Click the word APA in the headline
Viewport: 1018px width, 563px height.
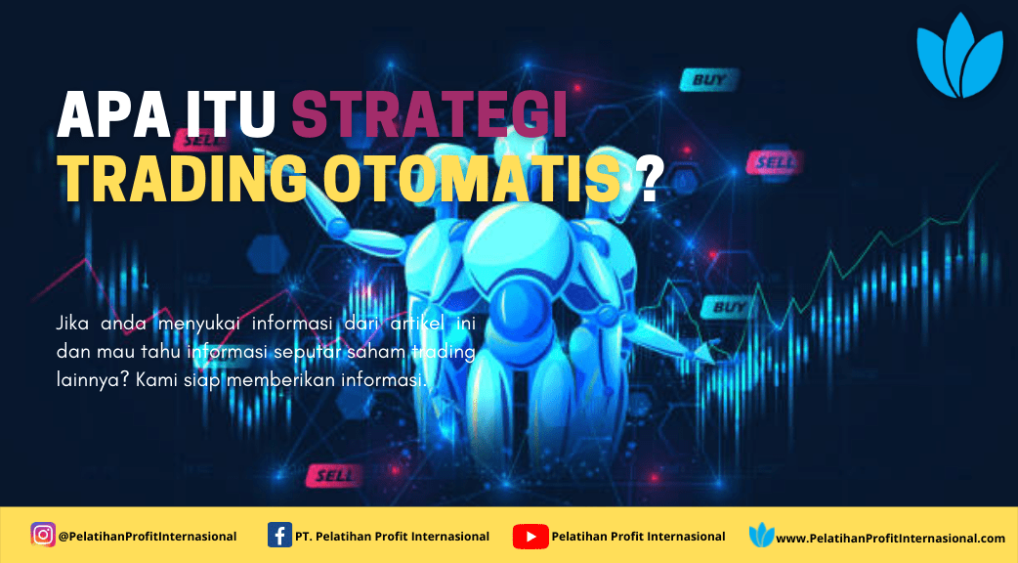pyautogui.click(x=114, y=115)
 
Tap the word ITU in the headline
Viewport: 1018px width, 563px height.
pyautogui.click(x=232, y=115)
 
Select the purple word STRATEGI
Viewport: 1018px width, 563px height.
pyautogui.click(x=430, y=115)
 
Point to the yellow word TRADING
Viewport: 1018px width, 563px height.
pyautogui.click(x=183, y=179)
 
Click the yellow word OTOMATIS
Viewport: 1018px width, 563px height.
pyautogui.click(x=472, y=179)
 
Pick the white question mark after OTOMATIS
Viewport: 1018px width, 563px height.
pyautogui.click(x=651, y=179)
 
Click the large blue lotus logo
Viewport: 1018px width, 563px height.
pyautogui.click(x=959, y=56)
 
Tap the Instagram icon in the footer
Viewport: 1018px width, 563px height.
pyautogui.click(x=43, y=535)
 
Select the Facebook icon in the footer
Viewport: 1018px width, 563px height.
pyautogui.click(x=279, y=536)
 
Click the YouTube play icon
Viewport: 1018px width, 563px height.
pyautogui.click(x=530, y=537)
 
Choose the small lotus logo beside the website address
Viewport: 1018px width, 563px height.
pyautogui.click(x=761, y=535)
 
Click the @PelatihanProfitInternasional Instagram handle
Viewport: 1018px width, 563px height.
pyautogui.click(x=148, y=537)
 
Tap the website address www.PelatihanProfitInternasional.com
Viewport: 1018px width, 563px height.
pyautogui.click(x=890, y=539)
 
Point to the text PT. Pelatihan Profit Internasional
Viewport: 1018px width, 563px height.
pyautogui.click(x=392, y=537)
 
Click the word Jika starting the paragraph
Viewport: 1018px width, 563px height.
pyautogui.click(x=71, y=323)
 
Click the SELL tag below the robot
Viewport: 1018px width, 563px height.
pyautogui.click(x=334, y=476)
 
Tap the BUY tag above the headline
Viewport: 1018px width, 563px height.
pyautogui.click(x=709, y=80)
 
